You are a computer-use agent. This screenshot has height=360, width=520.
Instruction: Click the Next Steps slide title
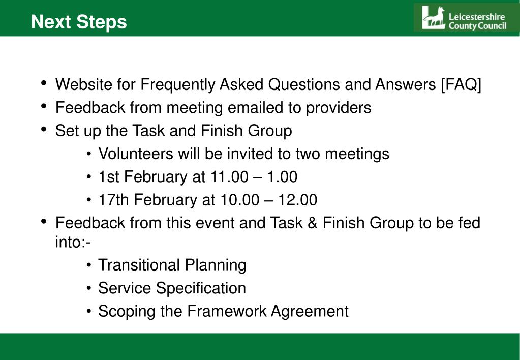pos(79,22)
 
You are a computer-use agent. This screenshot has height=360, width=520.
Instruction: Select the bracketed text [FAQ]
pos(461,84)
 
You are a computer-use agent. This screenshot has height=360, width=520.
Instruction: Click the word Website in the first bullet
pos(83,84)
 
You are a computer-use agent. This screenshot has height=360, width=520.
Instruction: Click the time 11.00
pos(229,177)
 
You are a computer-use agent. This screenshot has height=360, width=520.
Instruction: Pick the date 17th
pos(113,200)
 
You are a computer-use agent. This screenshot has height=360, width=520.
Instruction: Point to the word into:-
pos(73,243)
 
